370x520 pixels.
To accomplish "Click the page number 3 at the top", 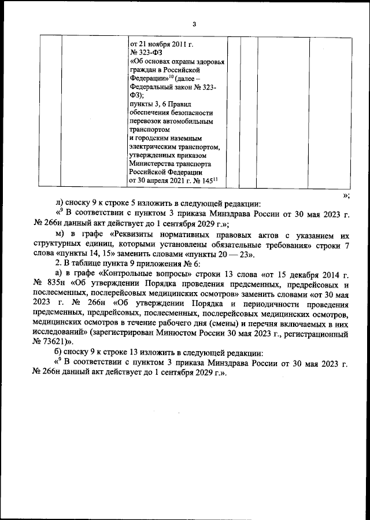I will pos(194,24).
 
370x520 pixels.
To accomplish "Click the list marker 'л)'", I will pos(59,204).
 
